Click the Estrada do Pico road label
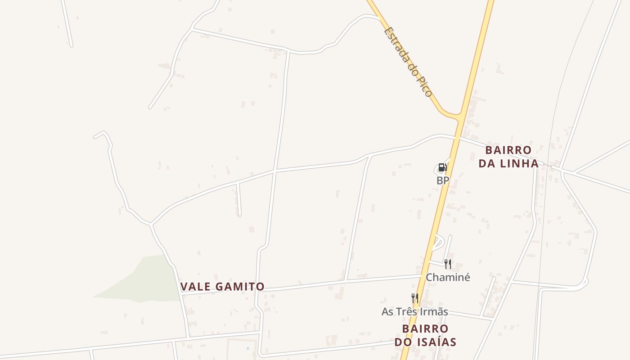408,62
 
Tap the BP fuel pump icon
442,167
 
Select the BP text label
443,180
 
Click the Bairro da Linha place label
508,157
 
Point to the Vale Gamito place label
222,287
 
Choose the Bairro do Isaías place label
425,335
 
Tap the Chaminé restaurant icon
447,264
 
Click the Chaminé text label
448,277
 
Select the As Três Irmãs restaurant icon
414,298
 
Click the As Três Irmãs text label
414,311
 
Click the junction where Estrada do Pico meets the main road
460,116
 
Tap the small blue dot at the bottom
247,348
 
